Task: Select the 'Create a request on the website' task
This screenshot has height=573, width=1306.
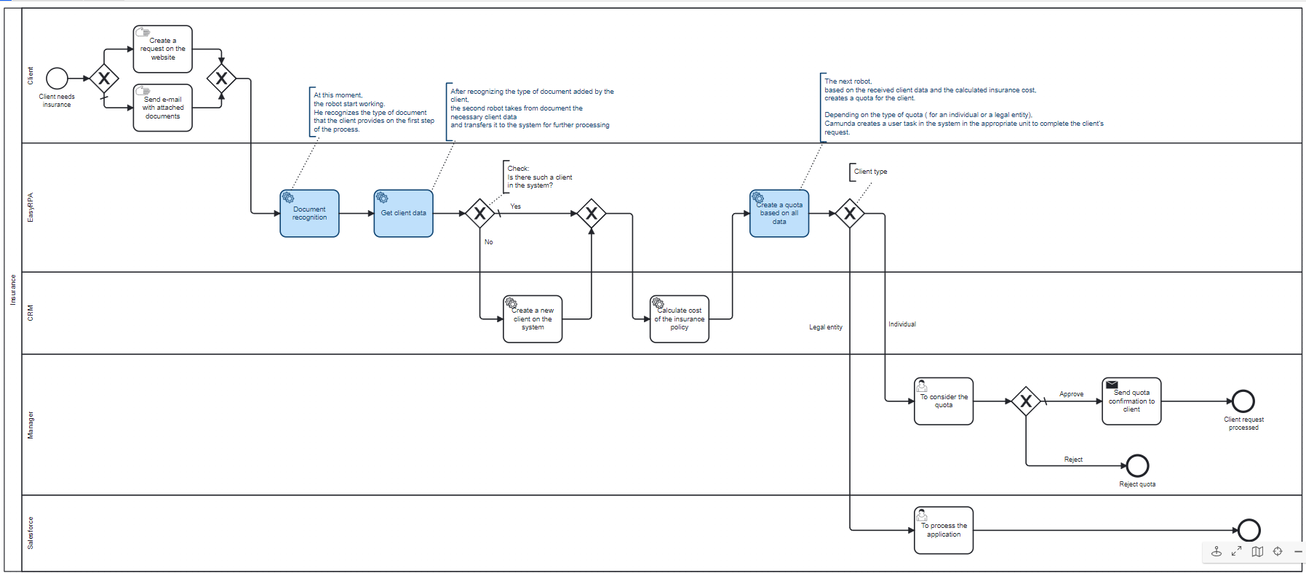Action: (163, 49)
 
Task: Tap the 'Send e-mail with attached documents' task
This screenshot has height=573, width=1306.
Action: (163, 108)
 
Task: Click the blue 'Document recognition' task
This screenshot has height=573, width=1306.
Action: (309, 213)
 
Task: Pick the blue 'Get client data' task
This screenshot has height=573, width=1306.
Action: (403, 213)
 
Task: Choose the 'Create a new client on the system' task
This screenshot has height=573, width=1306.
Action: (533, 318)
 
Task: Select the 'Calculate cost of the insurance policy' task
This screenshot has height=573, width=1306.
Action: (680, 318)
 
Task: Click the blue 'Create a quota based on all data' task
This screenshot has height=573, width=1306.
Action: (779, 213)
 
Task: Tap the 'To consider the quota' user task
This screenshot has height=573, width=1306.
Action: (944, 401)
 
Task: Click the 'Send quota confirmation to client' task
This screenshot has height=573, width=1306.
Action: (1131, 401)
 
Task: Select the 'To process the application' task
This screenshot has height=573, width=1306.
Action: (944, 530)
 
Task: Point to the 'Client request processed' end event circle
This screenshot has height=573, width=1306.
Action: (1243, 401)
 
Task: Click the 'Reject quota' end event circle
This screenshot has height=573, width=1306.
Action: (1137, 465)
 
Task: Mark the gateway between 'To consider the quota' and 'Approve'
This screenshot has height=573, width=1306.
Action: (1026, 401)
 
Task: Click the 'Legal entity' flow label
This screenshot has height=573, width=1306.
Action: (826, 327)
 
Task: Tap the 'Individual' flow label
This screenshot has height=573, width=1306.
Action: (902, 324)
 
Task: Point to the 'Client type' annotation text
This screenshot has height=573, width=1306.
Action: (870, 172)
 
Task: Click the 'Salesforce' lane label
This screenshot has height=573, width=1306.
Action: (31, 533)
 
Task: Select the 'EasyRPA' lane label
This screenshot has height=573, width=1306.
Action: (31, 207)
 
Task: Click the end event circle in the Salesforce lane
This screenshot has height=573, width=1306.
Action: (1249, 530)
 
